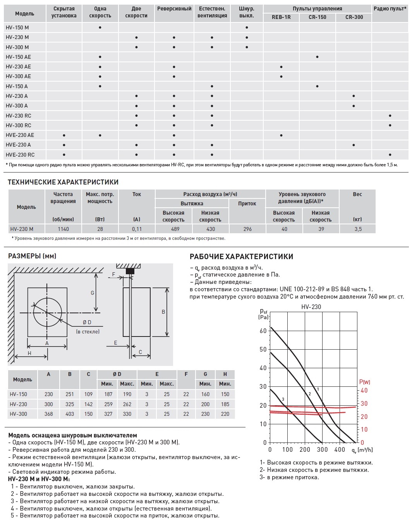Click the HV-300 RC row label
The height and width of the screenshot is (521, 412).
pos(18,125)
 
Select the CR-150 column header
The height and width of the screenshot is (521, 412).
pos(317,17)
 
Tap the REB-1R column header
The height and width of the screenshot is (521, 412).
pos(281,17)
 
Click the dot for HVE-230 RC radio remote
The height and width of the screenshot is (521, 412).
pos(390,155)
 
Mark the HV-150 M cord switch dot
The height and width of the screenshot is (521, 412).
pos(247,27)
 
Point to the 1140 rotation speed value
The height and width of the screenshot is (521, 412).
pos(64,229)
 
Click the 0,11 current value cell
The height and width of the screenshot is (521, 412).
pos(137,229)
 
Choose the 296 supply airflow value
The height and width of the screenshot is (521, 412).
pos(247,229)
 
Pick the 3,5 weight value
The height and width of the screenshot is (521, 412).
pos(358,229)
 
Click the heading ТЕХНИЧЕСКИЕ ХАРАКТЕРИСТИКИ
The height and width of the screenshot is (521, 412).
pos(63,182)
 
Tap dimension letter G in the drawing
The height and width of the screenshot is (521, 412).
pos(93,293)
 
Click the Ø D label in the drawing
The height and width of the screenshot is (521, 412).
pos(87,323)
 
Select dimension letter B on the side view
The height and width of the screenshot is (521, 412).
pos(163,312)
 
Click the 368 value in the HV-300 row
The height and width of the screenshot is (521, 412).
pos(48,414)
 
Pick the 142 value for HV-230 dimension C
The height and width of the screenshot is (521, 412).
pos(88,404)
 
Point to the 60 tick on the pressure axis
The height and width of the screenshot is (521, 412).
pos(263,331)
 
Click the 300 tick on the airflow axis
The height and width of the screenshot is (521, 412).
pos(322,449)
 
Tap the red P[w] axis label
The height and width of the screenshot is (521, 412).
pos(365,382)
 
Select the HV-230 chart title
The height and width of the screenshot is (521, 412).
pos(311,307)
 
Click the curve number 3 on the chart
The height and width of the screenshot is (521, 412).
pos(283,399)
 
